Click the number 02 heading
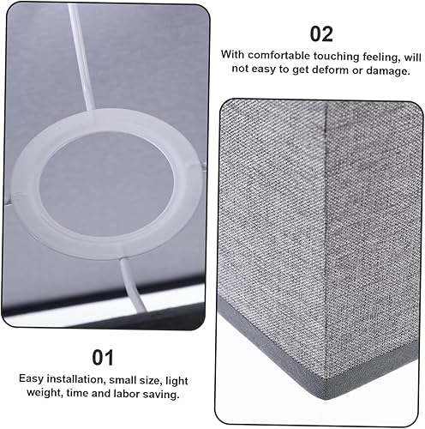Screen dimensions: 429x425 [x=321, y=34]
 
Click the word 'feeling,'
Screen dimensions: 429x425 [x=386, y=55]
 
